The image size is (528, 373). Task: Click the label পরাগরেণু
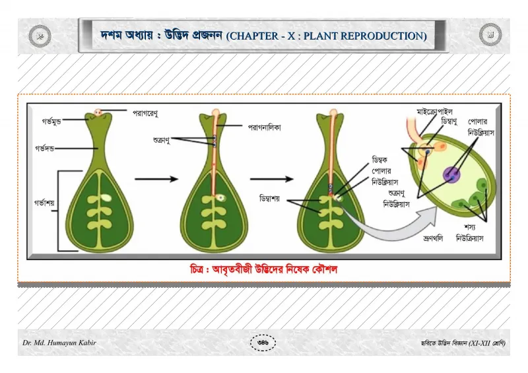[x=145, y=114]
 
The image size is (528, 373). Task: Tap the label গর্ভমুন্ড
[x=51, y=121]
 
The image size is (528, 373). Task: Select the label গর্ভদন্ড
[x=44, y=149]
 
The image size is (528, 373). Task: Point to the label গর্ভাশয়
[x=44, y=203]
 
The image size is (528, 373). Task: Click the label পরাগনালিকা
[x=265, y=127]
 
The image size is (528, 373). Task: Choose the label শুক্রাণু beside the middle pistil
[x=161, y=140]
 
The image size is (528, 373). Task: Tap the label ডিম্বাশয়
[x=269, y=199]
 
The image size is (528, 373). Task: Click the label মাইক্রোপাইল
[x=434, y=112]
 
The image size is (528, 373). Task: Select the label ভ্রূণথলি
[x=433, y=238]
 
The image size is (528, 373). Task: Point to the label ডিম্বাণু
[x=449, y=121]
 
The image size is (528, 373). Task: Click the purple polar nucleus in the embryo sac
[x=451, y=174]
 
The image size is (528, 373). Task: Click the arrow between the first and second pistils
[x=156, y=179]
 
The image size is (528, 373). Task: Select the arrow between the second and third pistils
[x=272, y=179]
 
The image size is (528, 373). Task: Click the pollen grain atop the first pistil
[x=98, y=112]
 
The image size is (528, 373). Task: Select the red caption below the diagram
[x=263, y=269]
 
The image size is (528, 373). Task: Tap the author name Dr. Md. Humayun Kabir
[x=59, y=343]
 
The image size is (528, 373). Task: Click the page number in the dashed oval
[x=263, y=343]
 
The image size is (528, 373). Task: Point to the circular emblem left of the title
[x=40, y=36]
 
